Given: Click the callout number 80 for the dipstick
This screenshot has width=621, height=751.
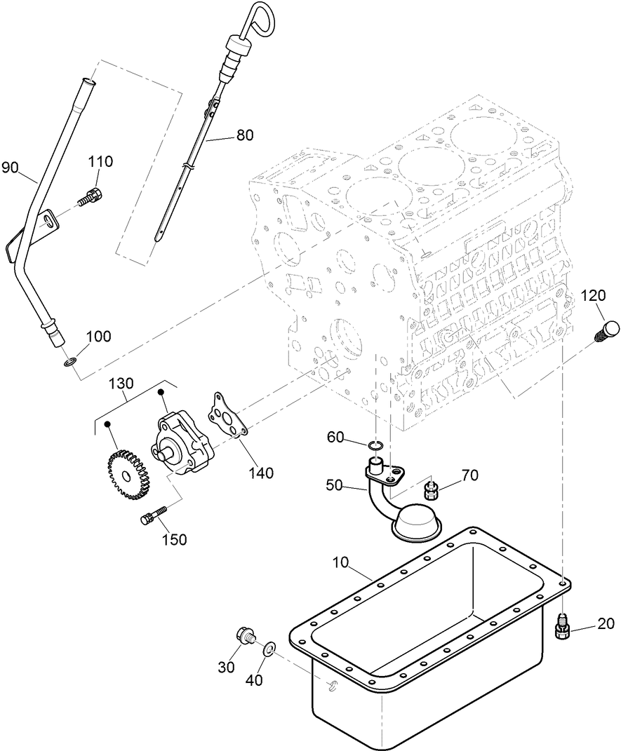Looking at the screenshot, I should [245, 135].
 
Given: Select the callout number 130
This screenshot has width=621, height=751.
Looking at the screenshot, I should [121, 384].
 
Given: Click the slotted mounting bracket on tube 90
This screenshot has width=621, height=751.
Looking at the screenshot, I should [48, 222].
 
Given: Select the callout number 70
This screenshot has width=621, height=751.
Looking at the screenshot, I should [469, 476].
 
